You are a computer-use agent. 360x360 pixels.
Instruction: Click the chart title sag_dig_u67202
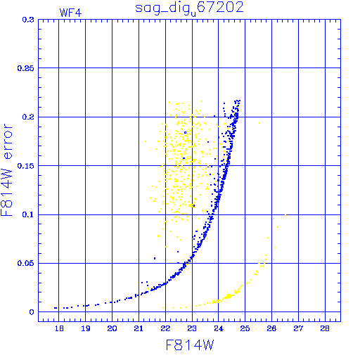pos(189,8)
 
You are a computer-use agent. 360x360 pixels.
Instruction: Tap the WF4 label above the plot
pos(70,13)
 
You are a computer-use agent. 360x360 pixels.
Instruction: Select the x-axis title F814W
pos(190,345)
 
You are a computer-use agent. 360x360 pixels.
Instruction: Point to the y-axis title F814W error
pos(7,169)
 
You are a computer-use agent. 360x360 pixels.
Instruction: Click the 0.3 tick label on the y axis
pos(28,20)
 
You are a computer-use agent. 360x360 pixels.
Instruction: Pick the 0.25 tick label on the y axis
pos(26,68)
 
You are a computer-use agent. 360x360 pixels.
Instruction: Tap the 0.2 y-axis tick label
pos(28,117)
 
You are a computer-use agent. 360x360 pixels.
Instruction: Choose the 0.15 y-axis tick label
pos(26,166)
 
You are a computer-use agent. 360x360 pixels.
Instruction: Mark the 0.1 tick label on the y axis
pos(28,214)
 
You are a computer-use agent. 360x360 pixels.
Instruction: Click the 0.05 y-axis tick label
pos(26,263)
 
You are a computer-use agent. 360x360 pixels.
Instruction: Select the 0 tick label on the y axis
pos(32,312)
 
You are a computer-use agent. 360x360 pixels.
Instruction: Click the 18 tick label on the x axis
pos(59,328)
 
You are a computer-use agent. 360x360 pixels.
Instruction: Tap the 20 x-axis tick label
pos(112,328)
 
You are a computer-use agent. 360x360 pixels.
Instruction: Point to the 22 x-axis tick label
pos(165,328)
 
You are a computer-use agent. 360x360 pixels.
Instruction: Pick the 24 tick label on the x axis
pos(219,328)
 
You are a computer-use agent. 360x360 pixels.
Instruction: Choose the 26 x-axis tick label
pos(272,328)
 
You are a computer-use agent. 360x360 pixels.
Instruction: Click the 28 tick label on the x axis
pos(325,328)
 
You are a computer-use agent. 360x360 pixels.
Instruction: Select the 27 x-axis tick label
pos(299,328)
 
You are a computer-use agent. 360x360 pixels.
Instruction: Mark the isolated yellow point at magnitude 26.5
pos(285,215)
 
